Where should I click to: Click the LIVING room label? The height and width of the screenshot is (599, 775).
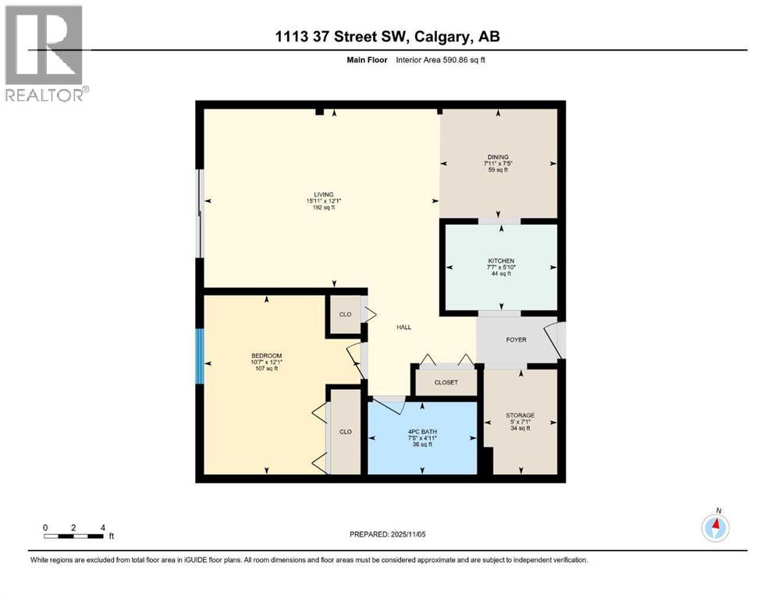[323, 194]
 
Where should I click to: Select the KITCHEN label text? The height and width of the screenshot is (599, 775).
[500, 261]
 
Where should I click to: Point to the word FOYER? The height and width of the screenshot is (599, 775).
[516, 340]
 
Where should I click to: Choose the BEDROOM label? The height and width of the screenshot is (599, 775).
[266, 355]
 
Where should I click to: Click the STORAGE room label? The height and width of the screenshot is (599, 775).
[519, 415]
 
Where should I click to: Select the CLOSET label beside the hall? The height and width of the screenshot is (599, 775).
[446, 382]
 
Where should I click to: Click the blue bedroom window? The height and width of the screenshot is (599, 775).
[200, 356]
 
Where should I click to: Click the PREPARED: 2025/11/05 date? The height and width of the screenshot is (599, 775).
[388, 534]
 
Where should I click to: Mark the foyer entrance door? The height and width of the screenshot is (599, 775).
[557, 338]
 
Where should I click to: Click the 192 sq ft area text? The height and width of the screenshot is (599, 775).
[323, 208]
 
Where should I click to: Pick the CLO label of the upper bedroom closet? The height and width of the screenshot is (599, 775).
[345, 314]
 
